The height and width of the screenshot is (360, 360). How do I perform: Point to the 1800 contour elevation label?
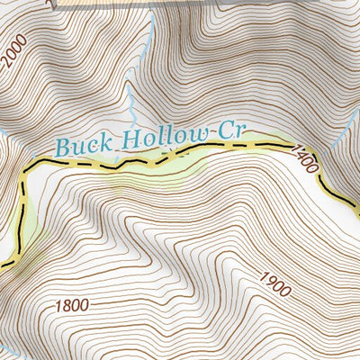click(x=72, y=305)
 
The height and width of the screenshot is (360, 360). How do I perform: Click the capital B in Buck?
click(x=61, y=144)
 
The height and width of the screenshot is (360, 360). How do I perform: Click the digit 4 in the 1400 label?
click(x=301, y=157)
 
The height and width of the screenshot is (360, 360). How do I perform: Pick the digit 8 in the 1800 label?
click(x=67, y=305)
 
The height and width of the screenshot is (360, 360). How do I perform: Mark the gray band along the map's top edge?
click(x=180, y=4)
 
